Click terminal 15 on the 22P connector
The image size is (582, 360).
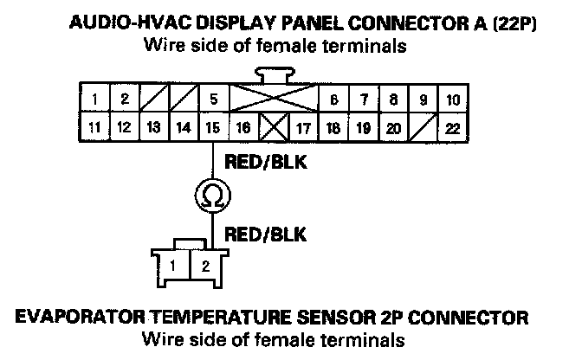click(x=212, y=129)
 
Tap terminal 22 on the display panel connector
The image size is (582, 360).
click(x=451, y=129)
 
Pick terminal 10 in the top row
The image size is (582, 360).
click(x=451, y=99)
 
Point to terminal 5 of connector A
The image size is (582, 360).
click(x=212, y=99)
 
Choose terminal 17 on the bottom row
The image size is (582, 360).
click(x=303, y=129)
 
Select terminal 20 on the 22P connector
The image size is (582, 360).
click(x=392, y=129)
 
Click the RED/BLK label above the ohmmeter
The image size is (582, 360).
click(x=264, y=160)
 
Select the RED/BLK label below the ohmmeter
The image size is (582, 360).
click(x=264, y=233)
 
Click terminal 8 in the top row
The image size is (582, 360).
click(x=392, y=99)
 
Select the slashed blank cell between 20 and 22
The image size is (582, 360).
click(x=422, y=129)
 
